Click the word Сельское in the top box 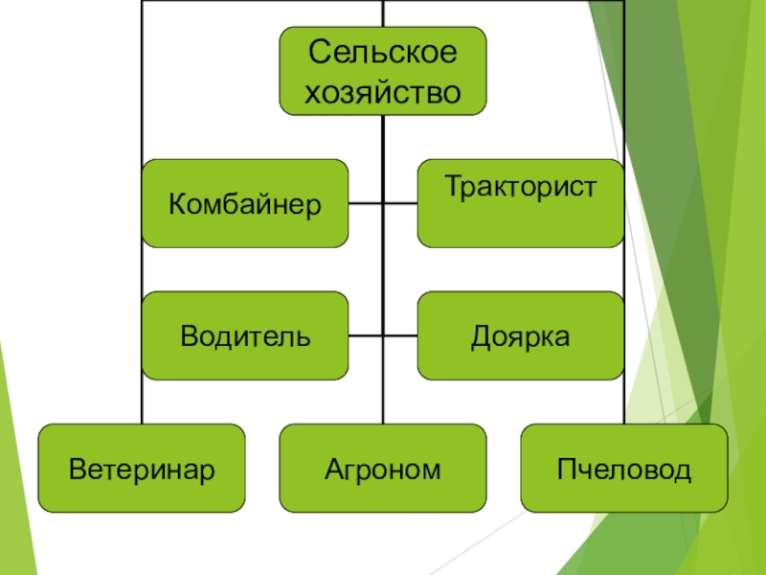tap(382, 53)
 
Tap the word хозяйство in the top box tap(382, 92)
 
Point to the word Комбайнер tap(245, 204)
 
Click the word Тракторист tap(520, 186)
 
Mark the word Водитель tap(245, 336)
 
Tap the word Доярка tap(520, 336)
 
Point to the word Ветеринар tap(142, 469)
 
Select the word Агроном tap(382, 469)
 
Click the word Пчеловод tap(623, 469)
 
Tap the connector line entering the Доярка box tap(401, 336)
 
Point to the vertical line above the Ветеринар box tap(142, 287)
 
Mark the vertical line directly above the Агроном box tap(383, 402)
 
